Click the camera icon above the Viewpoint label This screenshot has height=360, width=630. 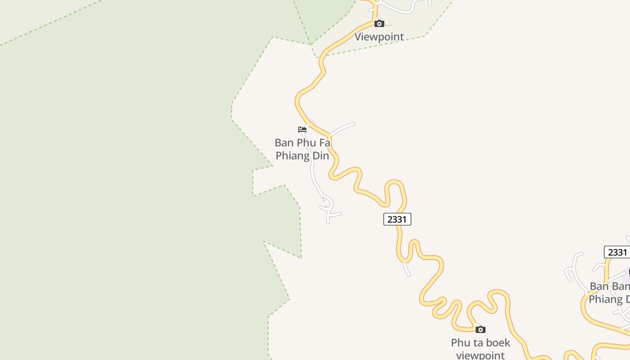[x=379, y=23]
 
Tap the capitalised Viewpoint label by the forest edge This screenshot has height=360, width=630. [x=379, y=36]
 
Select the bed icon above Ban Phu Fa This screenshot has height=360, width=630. [x=302, y=130]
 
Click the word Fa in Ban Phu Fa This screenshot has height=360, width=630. [x=324, y=143]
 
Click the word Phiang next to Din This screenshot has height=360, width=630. [x=292, y=156]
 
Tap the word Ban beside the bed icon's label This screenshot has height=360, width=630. [x=284, y=143]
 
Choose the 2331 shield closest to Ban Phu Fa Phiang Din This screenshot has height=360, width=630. [x=397, y=219]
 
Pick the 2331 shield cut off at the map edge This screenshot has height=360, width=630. [x=617, y=252]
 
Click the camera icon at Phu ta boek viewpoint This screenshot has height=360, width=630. [x=481, y=329]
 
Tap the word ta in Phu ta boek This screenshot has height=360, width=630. [x=475, y=343]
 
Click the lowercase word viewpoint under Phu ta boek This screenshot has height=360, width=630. [x=481, y=355]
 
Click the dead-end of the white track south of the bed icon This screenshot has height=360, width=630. [x=328, y=222]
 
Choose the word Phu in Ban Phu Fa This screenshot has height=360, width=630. [x=306, y=143]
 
